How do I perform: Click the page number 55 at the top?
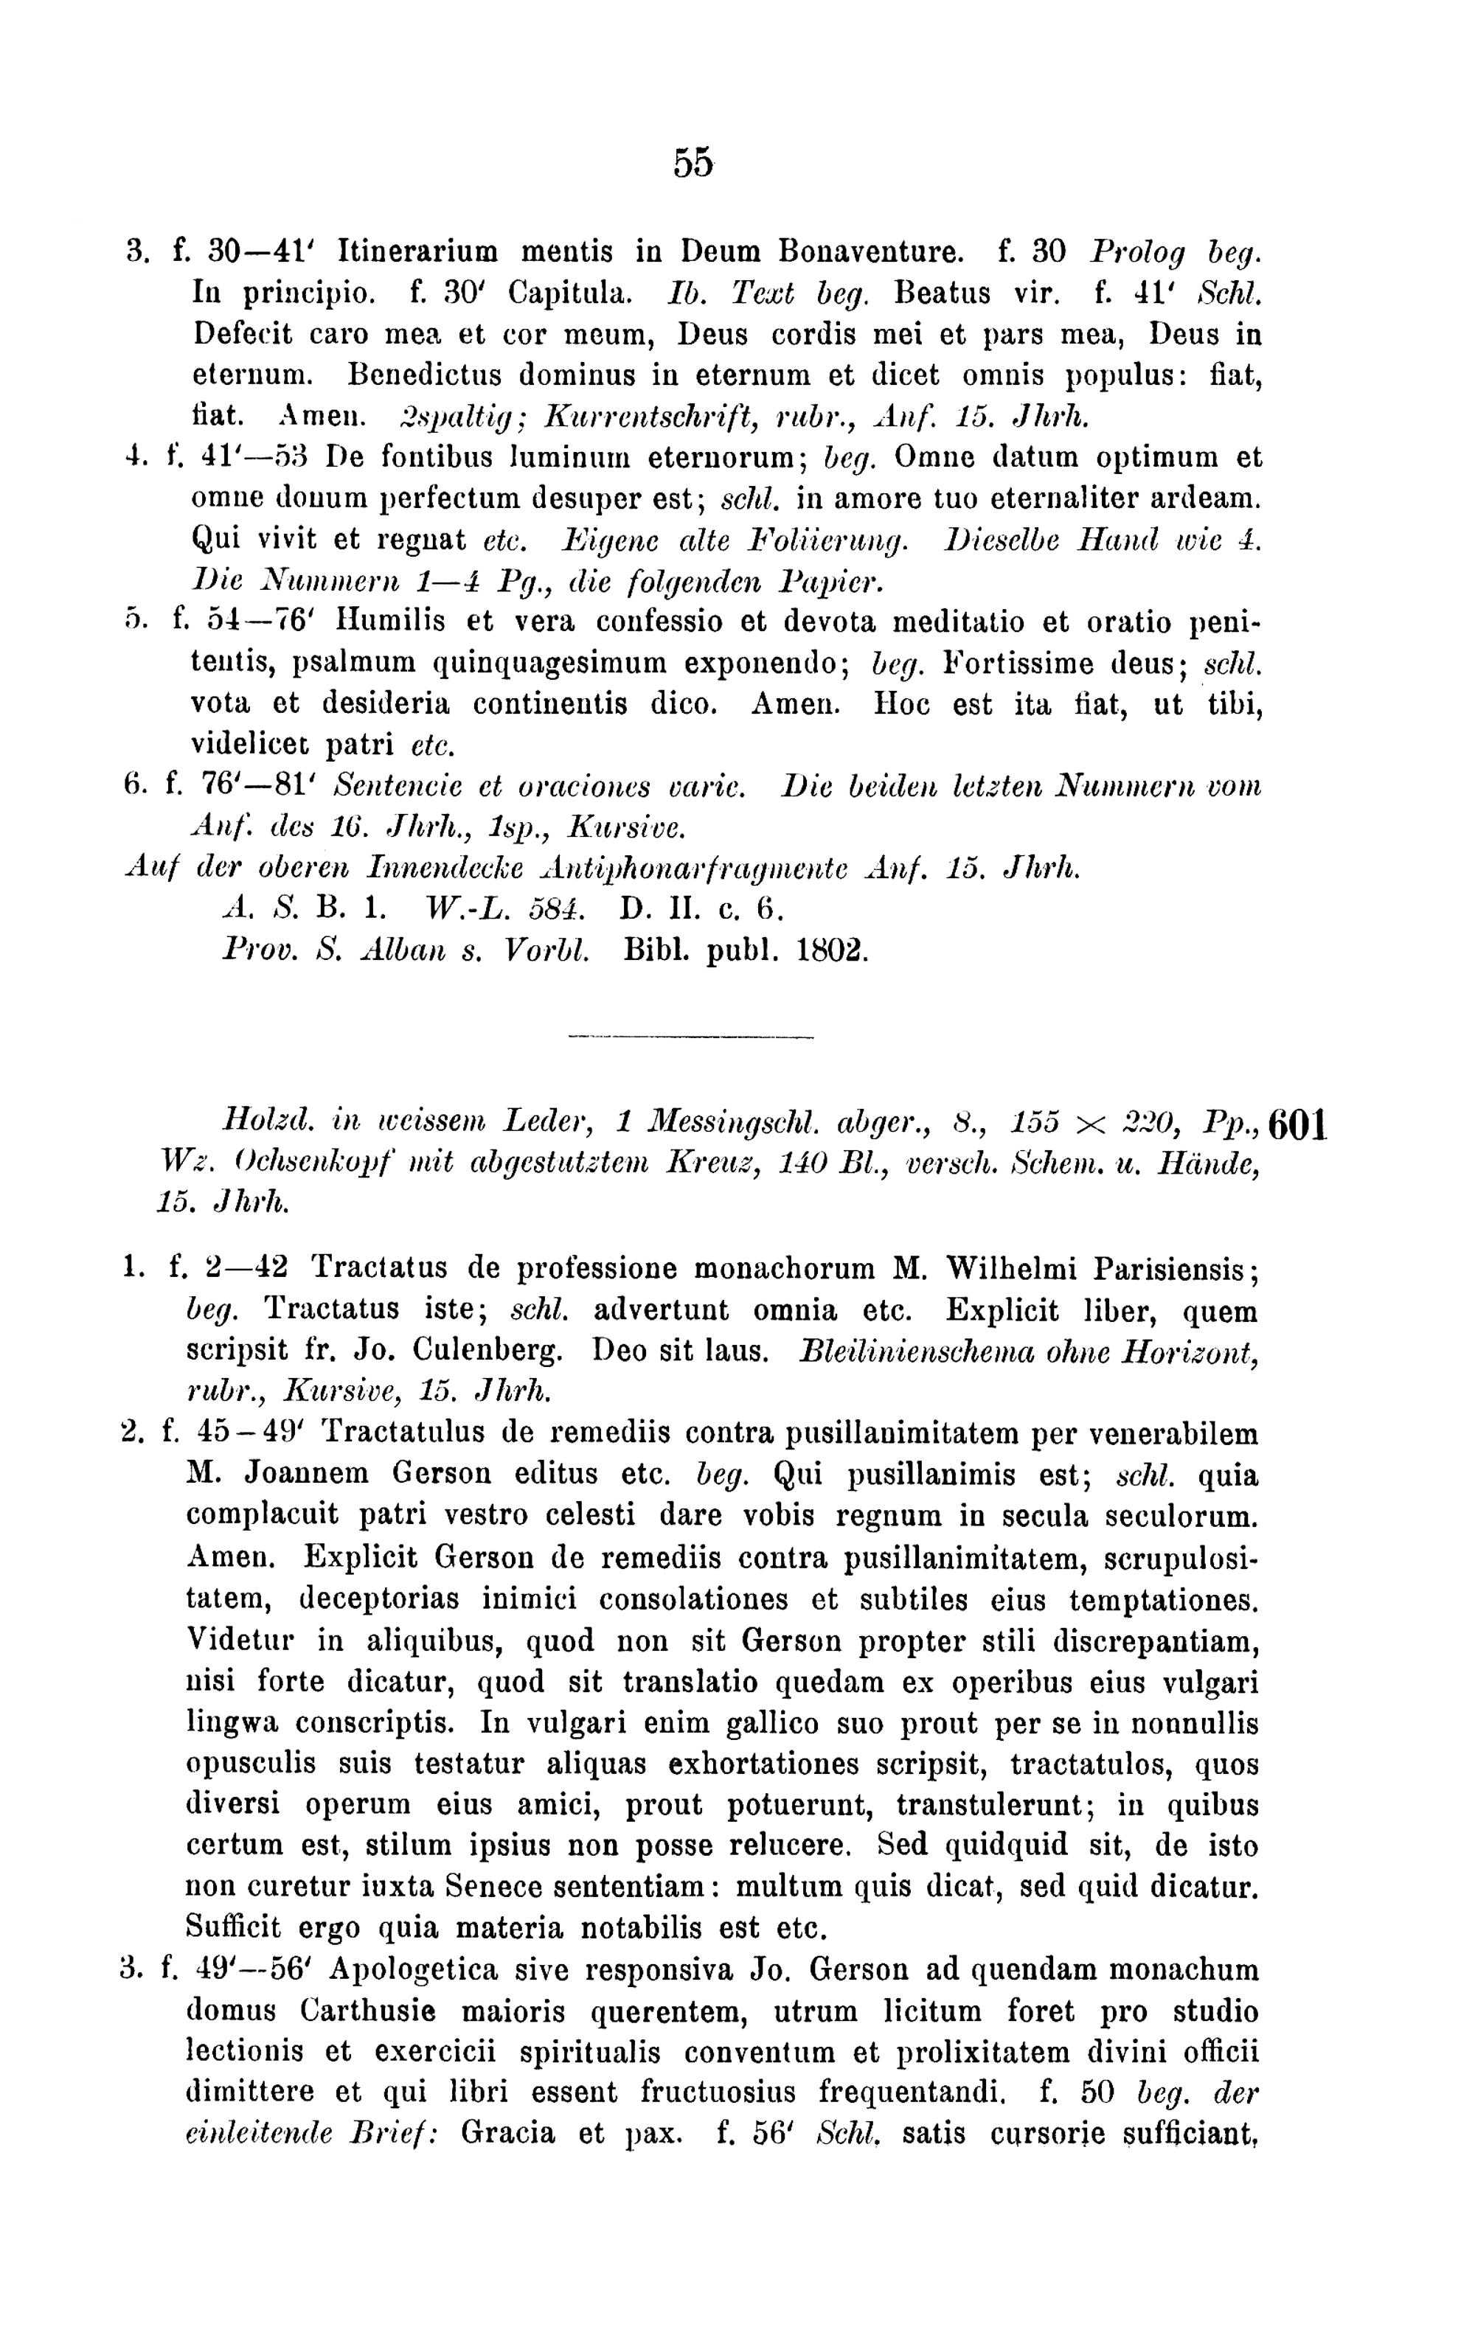693,162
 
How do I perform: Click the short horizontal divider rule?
690,1039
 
